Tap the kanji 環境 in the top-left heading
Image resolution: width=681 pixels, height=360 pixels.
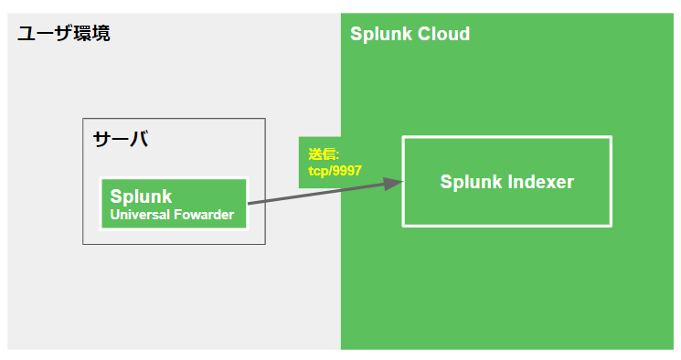pyautogui.click(x=92, y=35)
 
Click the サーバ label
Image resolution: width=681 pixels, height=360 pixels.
pyautogui.click(x=120, y=140)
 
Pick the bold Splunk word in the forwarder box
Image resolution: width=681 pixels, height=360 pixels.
pyautogui.click(x=141, y=196)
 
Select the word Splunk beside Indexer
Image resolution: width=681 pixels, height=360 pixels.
pyautogui.click(x=471, y=182)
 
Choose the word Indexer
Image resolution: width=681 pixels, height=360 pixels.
pyautogui.click(x=540, y=182)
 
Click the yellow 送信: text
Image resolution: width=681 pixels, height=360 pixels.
pyautogui.click(x=324, y=154)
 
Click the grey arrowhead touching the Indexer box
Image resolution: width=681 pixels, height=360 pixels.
pyautogui.click(x=394, y=183)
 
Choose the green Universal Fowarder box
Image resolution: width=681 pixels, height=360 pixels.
pyautogui.click(x=174, y=204)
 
